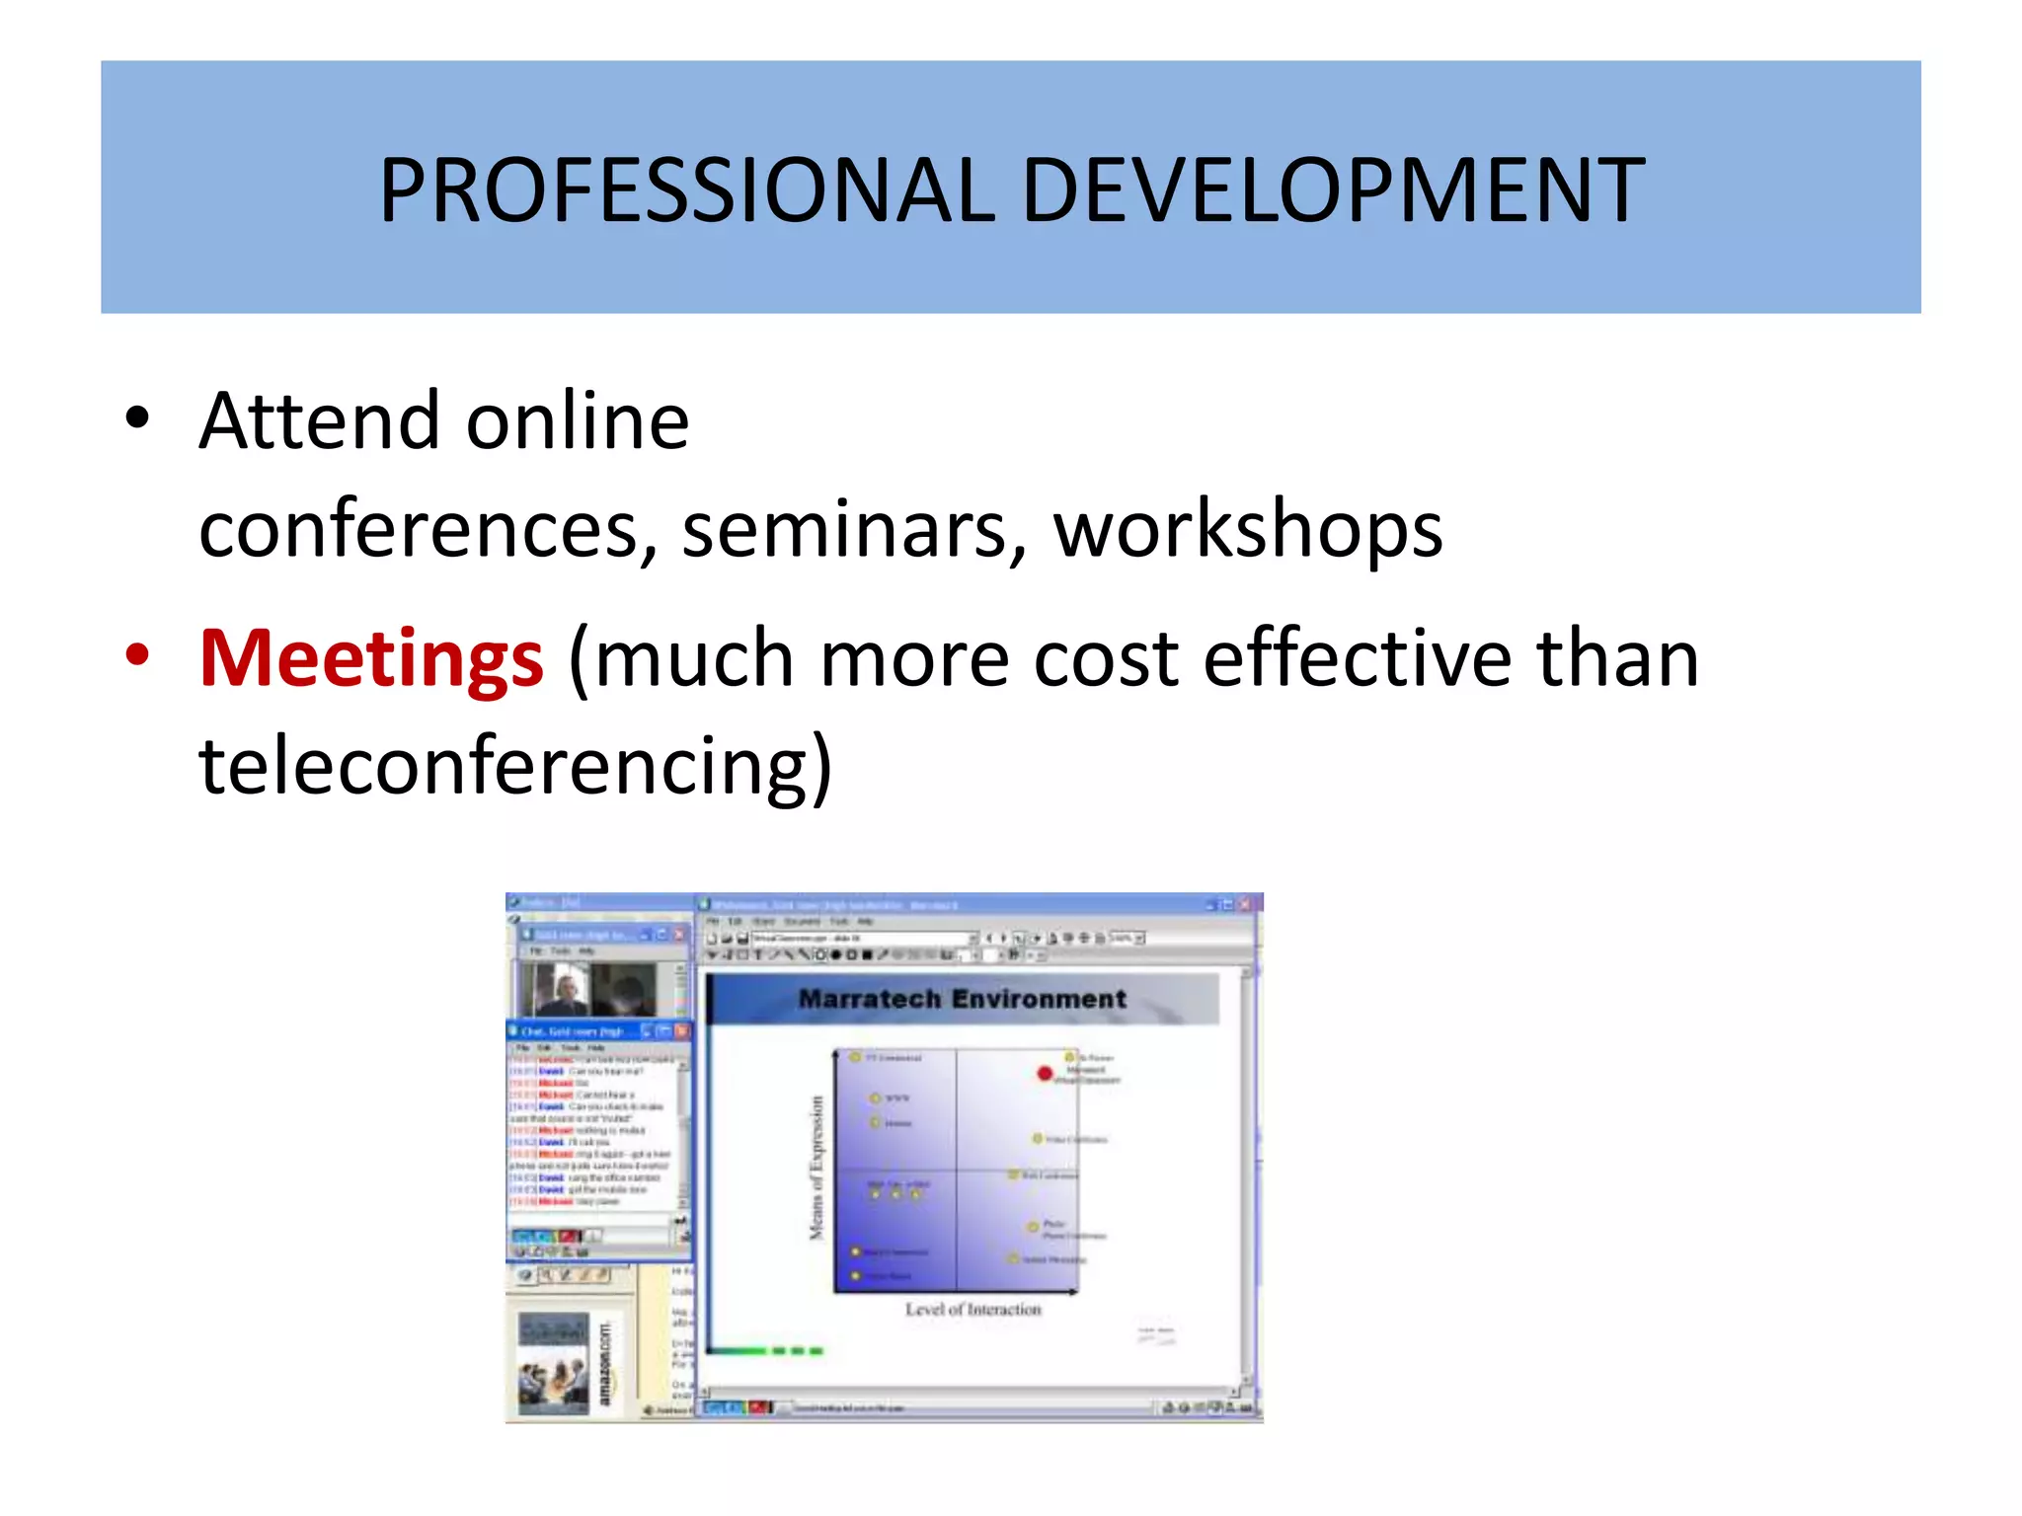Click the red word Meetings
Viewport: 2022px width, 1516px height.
[371, 658]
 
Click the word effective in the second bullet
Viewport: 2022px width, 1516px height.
[1358, 658]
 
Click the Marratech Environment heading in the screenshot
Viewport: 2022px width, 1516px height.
[962, 999]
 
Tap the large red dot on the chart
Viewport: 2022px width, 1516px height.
[1046, 1073]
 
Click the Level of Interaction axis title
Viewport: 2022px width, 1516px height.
[973, 1310]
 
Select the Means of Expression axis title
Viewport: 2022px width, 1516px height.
[817, 1168]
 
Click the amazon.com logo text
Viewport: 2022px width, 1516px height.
[605, 1363]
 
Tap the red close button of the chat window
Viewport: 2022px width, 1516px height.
[682, 1030]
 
